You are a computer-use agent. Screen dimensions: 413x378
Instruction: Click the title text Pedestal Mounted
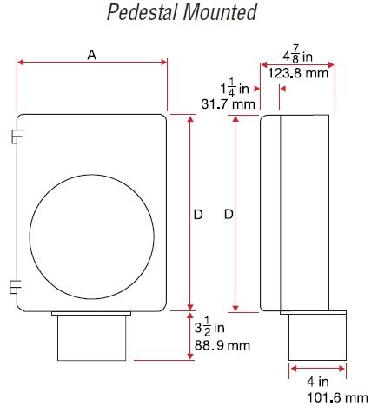pos(182,12)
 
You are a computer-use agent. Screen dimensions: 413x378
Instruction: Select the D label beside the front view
pos(197,214)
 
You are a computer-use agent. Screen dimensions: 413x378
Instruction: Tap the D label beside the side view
pos(228,214)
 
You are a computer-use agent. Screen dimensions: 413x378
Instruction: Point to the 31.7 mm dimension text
pos(227,104)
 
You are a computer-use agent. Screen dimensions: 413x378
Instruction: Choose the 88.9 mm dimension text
pos(221,345)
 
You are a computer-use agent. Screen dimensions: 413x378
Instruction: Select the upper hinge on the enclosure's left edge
pos(16,137)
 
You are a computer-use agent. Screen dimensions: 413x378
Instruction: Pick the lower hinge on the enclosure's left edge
pos(16,285)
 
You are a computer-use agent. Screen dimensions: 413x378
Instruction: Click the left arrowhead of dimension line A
pos(21,62)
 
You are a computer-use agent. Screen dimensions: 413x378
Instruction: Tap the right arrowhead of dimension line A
pos(163,62)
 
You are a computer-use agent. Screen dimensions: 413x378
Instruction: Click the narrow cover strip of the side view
pos(269,213)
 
